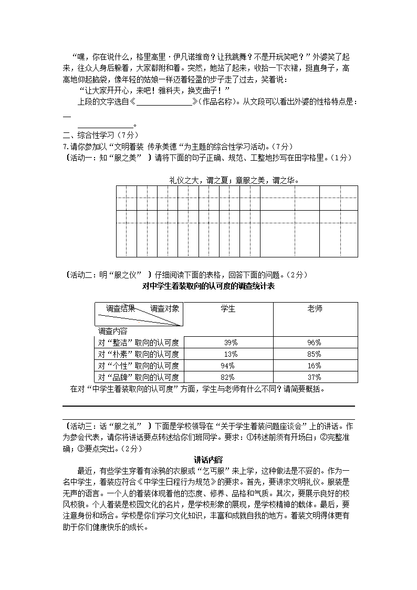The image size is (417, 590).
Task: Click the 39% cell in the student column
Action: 229,343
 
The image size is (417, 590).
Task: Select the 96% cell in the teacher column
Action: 314,343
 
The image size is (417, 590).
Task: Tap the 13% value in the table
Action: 229,354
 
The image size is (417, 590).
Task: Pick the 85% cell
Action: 314,354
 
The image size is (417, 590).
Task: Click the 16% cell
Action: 314,366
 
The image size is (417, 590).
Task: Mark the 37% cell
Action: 314,377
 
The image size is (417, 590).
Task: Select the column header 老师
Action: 315,309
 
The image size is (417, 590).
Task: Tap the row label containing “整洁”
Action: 139,343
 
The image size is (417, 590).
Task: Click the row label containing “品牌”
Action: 139,377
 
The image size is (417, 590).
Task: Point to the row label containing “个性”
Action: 139,366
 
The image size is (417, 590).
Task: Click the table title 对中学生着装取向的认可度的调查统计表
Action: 208,286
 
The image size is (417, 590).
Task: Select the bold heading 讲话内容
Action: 208,459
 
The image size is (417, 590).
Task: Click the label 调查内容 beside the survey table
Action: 112,331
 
